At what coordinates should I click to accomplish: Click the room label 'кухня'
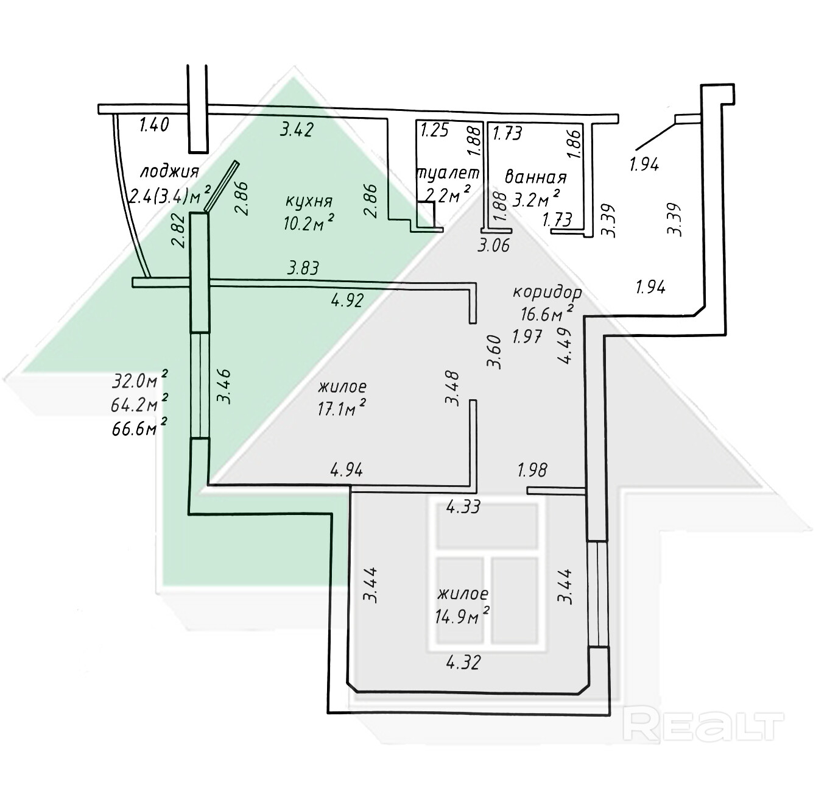[x=309, y=202]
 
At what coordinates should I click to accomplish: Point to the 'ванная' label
[x=536, y=177]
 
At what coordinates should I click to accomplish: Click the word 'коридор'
[x=547, y=293]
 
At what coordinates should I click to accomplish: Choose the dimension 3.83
[x=303, y=268]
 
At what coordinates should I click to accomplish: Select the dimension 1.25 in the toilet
[x=435, y=130]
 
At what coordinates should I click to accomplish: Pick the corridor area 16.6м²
[x=547, y=313]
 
